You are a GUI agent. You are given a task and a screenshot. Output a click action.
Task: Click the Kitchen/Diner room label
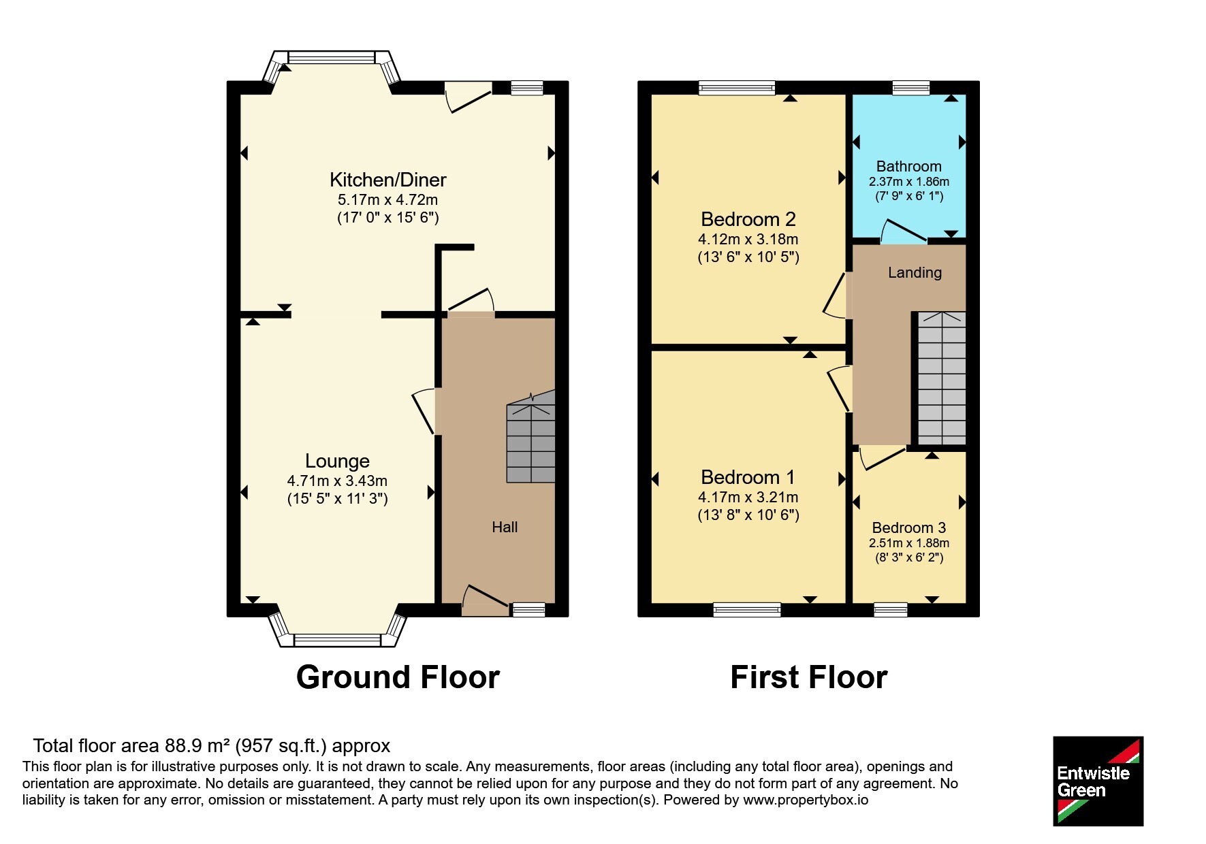point(387,180)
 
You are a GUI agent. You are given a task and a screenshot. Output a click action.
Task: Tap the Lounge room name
point(337,461)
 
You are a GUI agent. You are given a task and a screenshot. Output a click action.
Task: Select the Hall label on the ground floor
point(505,527)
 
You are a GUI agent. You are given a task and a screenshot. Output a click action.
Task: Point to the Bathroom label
point(908,166)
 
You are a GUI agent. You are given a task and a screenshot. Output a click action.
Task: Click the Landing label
point(915,273)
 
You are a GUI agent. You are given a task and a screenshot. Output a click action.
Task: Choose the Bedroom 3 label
point(908,527)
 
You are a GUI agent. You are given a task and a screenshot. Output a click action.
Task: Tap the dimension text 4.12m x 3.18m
point(748,240)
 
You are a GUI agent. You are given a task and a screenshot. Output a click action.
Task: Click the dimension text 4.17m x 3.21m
point(748,498)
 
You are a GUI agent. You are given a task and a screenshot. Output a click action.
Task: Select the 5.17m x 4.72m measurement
point(387,200)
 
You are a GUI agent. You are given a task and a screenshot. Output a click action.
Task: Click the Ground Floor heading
point(398,677)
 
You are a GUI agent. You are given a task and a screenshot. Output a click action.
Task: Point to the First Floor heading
point(808,677)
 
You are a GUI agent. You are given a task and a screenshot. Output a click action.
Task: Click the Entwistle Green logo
point(1098,781)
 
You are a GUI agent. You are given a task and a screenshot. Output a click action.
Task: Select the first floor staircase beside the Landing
point(942,378)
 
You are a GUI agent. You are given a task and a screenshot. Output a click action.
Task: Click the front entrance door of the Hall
point(486,598)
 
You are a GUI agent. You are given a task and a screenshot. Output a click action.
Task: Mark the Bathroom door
point(904,231)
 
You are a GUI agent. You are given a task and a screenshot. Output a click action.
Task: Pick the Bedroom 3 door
point(883,457)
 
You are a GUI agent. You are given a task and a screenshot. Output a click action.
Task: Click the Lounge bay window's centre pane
point(337,640)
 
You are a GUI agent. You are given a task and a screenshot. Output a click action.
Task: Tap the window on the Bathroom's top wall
point(911,88)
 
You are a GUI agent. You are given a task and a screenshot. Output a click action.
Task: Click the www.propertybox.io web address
point(806,800)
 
